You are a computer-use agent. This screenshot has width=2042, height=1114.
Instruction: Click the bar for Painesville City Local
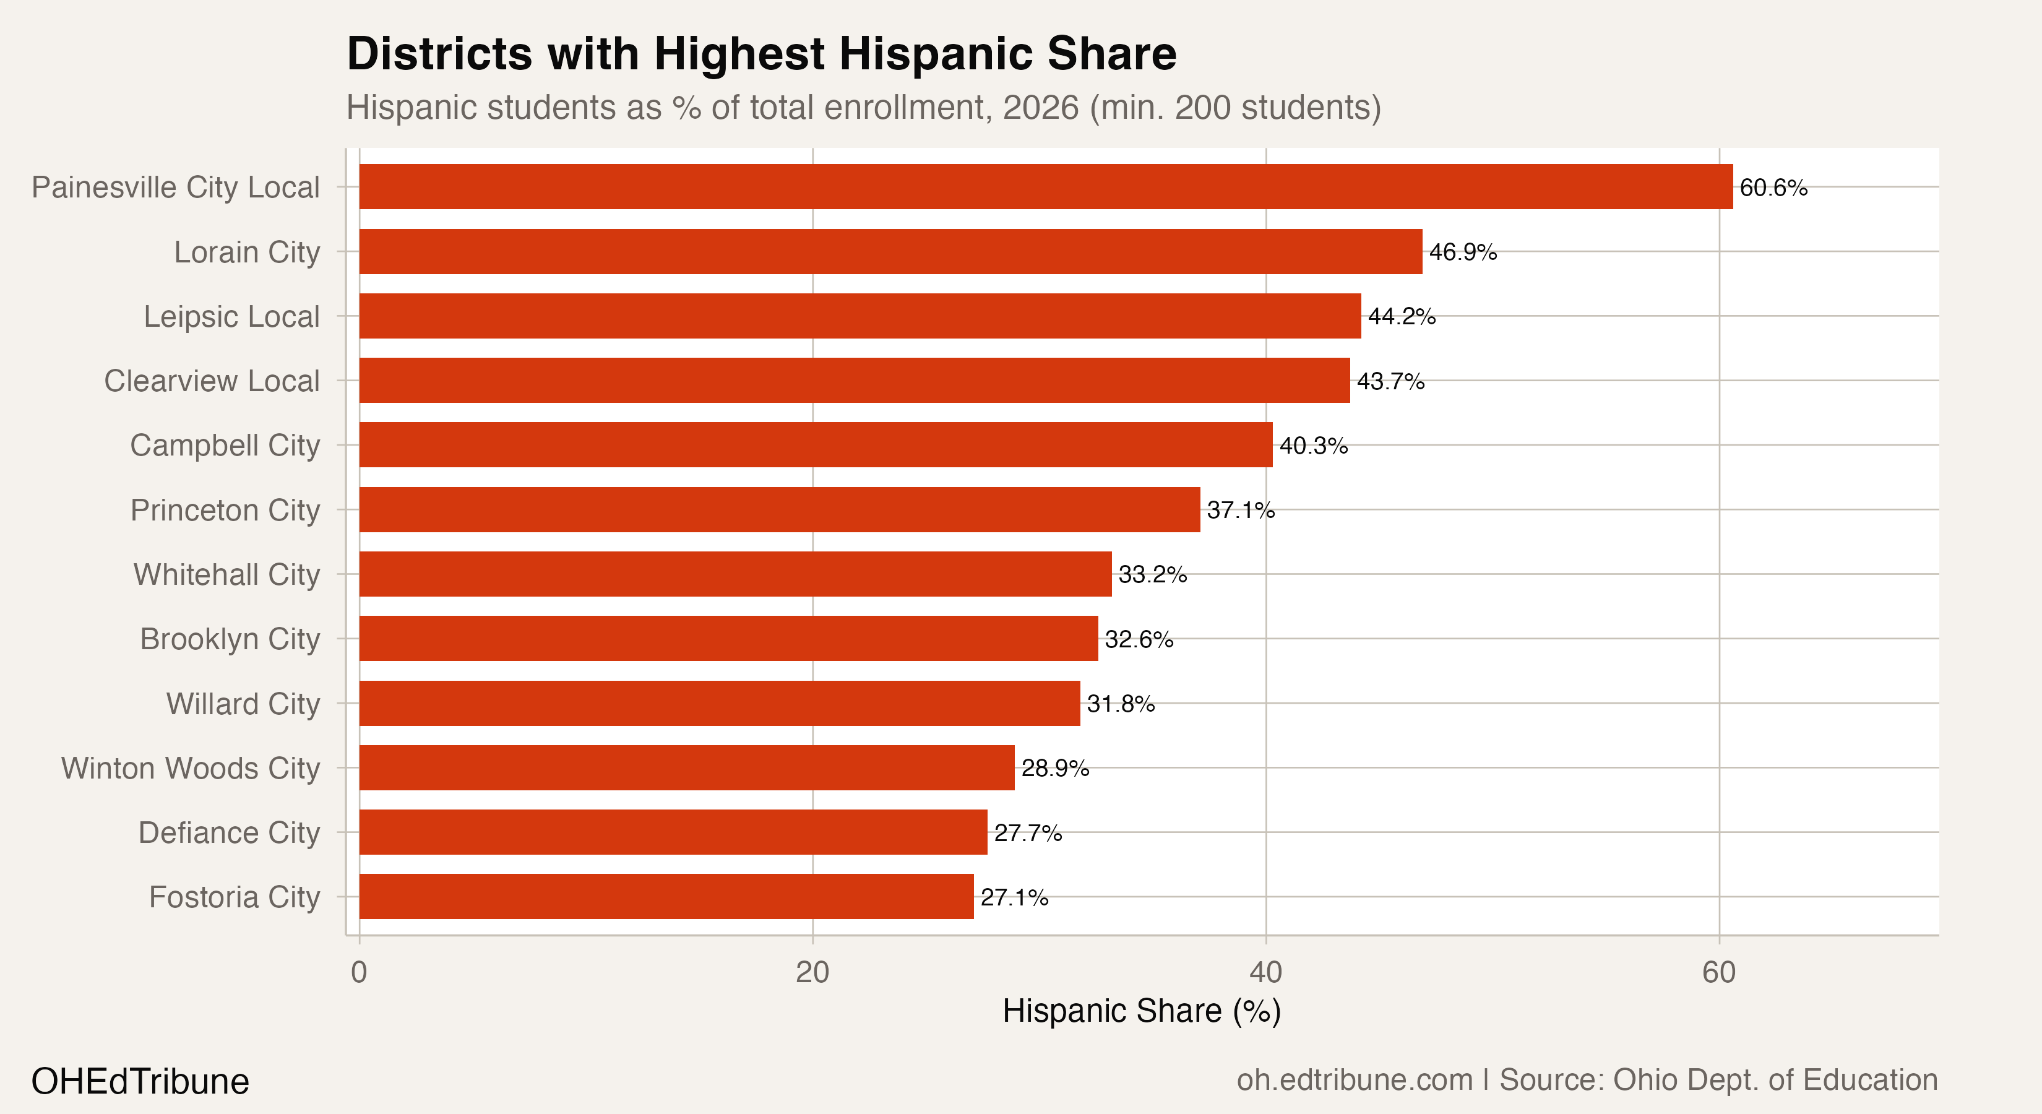pyautogui.click(x=1046, y=187)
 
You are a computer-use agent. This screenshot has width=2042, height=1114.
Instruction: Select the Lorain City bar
pyautogui.click(x=890, y=251)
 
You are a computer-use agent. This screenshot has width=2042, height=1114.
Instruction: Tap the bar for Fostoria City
pyautogui.click(x=666, y=897)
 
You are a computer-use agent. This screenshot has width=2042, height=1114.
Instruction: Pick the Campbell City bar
pyautogui.click(x=816, y=445)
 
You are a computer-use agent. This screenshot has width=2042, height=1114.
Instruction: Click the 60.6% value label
pyautogui.click(x=1773, y=188)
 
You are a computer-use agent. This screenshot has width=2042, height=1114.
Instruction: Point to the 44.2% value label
pyautogui.click(x=1402, y=316)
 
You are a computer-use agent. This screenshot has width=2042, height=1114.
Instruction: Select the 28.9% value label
pyautogui.click(x=1055, y=768)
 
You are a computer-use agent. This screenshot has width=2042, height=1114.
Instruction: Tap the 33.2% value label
pyautogui.click(x=1153, y=575)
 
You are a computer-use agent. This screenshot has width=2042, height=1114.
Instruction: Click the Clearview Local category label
pyautogui.click(x=212, y=381)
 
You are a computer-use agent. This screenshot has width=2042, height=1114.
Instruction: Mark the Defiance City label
pyautogui.click(x=228, y=832)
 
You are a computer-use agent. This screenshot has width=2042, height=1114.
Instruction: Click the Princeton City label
pyautogui.click(x=225, y=510)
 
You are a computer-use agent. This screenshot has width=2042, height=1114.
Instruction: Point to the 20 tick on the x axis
pyautogui.click(x=812, y=972)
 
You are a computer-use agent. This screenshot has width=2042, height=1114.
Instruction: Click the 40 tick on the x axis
pyautogui.click(x=1265, y=972)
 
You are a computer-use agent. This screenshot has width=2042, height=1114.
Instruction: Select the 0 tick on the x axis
pyautogui.click(x=359, y=972)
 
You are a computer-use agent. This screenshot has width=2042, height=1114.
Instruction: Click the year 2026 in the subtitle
pyautogui.click(x=1041, y=108)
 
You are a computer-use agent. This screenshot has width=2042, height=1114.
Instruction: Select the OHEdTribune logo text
pyautogui.click(x=140, y=1081)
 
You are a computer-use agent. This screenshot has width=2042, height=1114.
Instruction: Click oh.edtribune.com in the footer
pyautogui.click(x=1354, y=1080)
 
